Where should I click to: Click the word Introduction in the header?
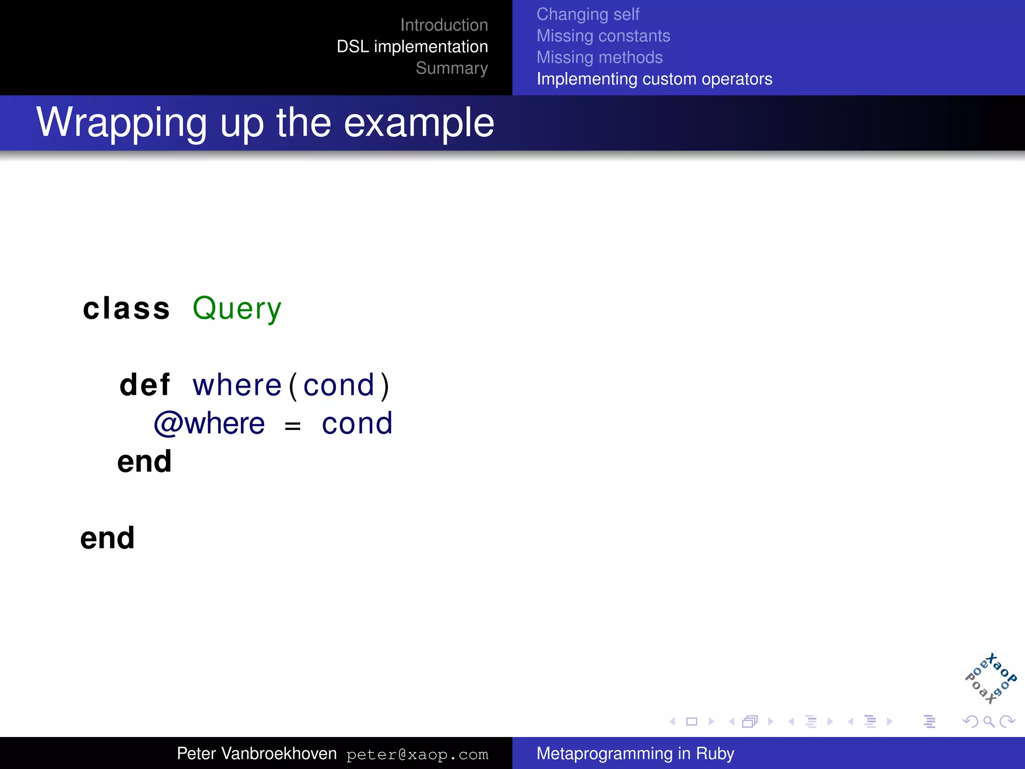click(444, 25)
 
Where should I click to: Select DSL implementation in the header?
click(412, 47)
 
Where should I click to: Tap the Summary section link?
click(451, 68)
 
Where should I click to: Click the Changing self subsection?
click(588, 15)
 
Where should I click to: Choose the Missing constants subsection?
click(603, 36)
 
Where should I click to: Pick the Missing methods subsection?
click(599, 58)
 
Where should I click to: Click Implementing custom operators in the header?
click(654, 79)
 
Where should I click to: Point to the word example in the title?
click(419, 123)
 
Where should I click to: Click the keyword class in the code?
click(126, 308)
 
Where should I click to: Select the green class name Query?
click(237, 309)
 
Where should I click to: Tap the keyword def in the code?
click(145, 385)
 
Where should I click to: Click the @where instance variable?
click(209, 424)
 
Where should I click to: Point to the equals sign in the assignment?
click(292, 426)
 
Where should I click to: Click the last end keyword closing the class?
click(108, 538)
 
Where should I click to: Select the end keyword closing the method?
click(145, 462)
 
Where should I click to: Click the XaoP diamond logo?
click(990, 679)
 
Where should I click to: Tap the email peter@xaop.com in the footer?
click(417, 754)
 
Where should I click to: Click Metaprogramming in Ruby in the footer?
click(635, 753)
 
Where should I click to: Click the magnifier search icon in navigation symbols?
click(988, 721)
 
